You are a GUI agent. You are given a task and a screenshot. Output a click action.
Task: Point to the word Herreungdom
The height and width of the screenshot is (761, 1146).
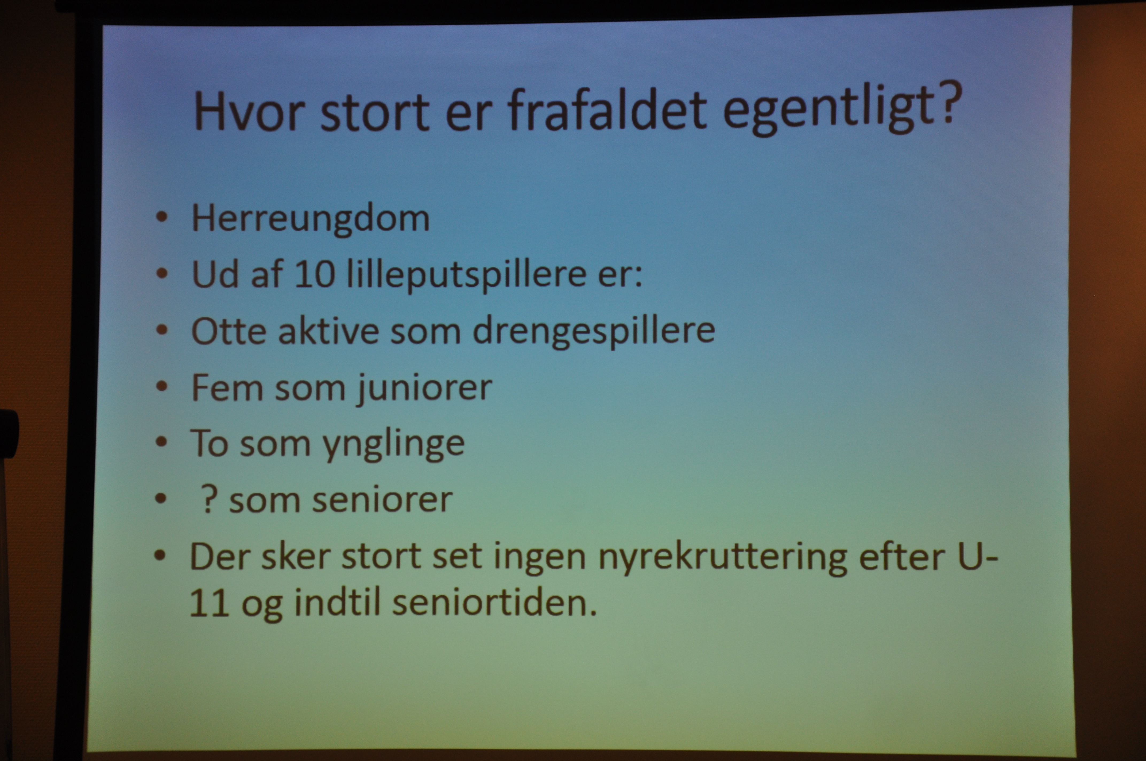311,218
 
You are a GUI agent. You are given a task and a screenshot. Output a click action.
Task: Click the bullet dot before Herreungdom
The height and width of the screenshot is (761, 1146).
162,217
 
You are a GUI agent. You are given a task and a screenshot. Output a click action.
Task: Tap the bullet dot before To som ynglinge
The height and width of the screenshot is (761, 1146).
161,442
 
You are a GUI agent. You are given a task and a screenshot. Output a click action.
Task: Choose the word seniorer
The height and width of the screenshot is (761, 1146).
382,500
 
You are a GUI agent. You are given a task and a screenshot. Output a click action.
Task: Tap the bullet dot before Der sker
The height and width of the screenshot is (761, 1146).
160,555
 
